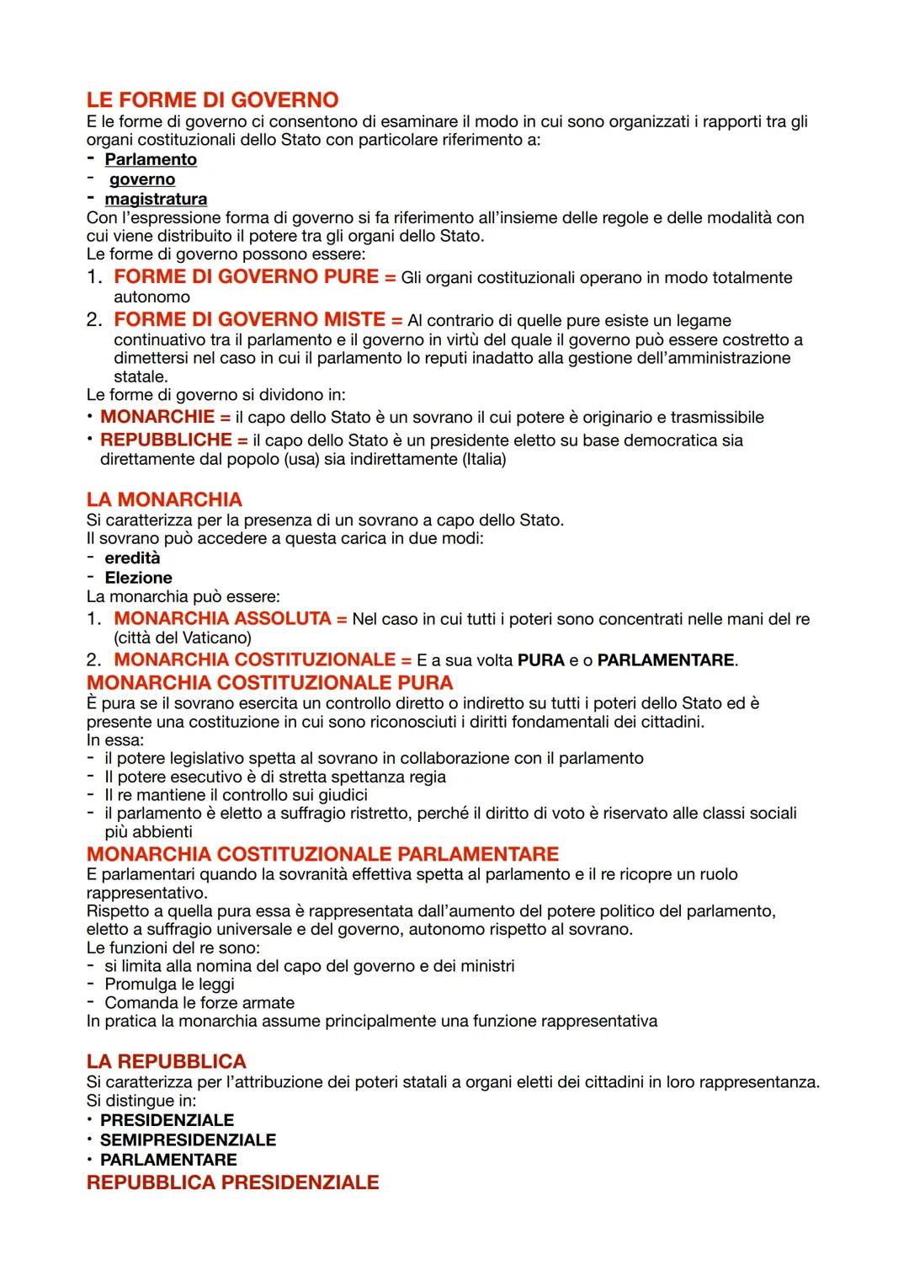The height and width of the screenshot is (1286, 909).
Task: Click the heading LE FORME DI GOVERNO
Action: tap(212, 100)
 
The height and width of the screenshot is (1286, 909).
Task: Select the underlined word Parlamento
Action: tap(150, 159)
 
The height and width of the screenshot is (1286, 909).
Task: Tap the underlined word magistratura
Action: tap(156, 199)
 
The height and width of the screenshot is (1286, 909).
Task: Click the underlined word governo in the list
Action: tap(142, 179)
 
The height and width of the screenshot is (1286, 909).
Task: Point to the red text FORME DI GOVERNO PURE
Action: tap(246, 277)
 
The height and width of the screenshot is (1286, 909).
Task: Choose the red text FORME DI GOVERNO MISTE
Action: tap(249, 320)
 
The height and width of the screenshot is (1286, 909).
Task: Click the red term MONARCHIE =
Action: tap(165, 417)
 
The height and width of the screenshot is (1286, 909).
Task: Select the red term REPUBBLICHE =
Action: tap(173, 440)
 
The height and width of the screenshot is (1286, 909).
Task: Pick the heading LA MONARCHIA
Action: tap(164, 499)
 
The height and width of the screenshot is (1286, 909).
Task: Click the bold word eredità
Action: tap(132, 558)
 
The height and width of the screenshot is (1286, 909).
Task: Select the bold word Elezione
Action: tap(138, 578)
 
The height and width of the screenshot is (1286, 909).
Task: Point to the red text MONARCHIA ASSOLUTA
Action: tap(222, 619)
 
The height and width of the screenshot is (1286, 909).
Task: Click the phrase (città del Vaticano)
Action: tap(183, 638)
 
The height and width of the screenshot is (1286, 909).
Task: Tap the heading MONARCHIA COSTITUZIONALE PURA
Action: tap(269, 682)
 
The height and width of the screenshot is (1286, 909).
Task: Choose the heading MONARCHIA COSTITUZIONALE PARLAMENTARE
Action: tap(322, 854)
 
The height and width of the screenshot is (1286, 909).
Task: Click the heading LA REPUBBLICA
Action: tap(167, 1061)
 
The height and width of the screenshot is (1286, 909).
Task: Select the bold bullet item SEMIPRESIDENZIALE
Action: tap(188, 1140)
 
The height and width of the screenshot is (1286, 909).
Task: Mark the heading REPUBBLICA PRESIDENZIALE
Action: tap(232, 1182)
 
